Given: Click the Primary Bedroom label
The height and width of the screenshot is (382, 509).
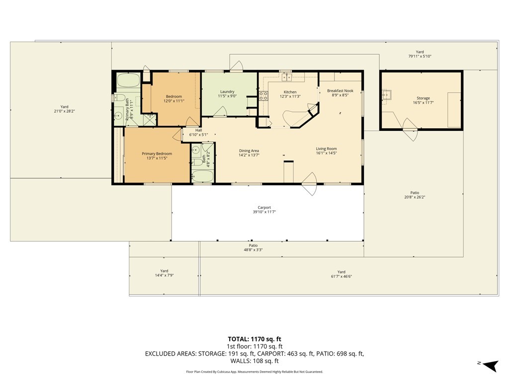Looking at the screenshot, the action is (x=157, y=154).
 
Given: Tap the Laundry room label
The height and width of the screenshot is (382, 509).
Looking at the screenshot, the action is (x=227, y=92).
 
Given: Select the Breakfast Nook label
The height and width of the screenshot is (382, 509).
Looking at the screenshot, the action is (x=340, y=91).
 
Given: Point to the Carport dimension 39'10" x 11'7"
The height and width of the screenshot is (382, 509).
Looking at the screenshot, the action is (x=264, y=212).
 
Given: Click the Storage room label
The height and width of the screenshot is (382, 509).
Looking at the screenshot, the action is (x=423, y=98).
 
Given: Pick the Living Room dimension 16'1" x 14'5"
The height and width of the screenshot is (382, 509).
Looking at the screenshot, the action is (x=326, y=153).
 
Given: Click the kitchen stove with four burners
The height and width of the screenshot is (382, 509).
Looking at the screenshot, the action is (x=263, y=95).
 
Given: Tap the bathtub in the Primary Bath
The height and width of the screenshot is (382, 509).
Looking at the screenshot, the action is (x=128, y=80).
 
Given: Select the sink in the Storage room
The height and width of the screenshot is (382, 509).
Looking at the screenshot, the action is (x=387, y=95).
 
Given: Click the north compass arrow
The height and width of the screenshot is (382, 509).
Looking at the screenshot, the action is (x=491, y=366).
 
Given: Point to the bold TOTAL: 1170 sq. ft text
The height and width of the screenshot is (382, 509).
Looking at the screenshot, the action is (x=254, y=339).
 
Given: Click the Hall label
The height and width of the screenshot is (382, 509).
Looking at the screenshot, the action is (x=198, y=130).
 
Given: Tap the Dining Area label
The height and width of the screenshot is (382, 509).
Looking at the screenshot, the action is (x=249, y=151).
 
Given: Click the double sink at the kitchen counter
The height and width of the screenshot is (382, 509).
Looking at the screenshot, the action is (x=287, y=77).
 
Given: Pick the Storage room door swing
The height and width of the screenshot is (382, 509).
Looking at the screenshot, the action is (x=410, y=130).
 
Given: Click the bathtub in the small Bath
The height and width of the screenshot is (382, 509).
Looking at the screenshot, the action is (x=202, y=176).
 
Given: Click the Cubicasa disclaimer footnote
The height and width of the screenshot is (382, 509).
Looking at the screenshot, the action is (x=254, y=372).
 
